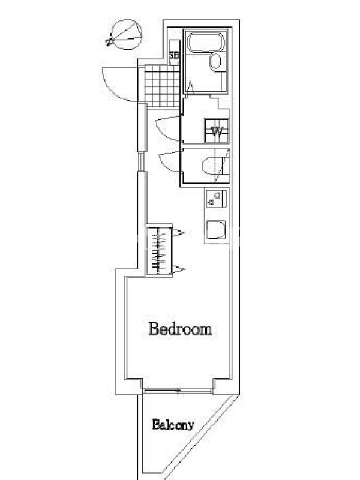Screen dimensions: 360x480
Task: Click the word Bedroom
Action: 181,329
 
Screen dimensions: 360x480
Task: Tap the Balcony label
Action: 173,425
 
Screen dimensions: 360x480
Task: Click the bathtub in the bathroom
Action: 206,42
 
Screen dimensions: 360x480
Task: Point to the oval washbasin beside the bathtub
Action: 215,62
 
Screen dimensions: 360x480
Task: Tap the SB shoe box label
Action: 174,56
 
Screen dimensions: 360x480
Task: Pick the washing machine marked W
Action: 217,131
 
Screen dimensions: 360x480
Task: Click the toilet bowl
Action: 211,166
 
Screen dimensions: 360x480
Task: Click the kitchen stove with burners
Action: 216,199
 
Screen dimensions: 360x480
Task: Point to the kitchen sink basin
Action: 216,230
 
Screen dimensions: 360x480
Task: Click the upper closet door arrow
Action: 178,233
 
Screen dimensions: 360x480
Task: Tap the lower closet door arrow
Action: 179,269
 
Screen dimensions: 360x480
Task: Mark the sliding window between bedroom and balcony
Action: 178,391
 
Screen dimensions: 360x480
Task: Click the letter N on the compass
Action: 109,41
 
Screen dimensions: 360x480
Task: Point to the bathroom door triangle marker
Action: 190,87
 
